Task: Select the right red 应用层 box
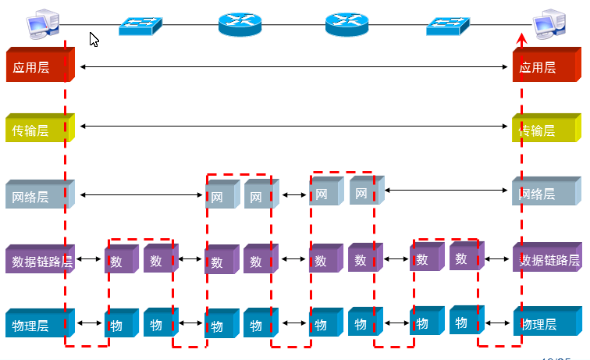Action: pyautogui.click(x=545, y=67)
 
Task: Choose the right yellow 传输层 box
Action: pyautogui.click(x=545, y=130)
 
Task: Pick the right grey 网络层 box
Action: pyautogui.click(x=545, y=194)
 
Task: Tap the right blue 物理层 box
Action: pyautogui.click(x=545, y=323)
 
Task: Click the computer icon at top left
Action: pyautogui.click(x=41, y=23)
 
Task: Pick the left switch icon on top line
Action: pyautogui.click(x=141, y=25)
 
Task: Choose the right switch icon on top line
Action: pyautogui.click(x=449, y=25)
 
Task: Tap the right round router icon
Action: pyautogui.click(x=346, y=24)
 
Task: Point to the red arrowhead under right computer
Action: pyautogui.click(x=522, y=38)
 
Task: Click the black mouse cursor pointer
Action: pyautogui.click(x=94, y=39)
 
